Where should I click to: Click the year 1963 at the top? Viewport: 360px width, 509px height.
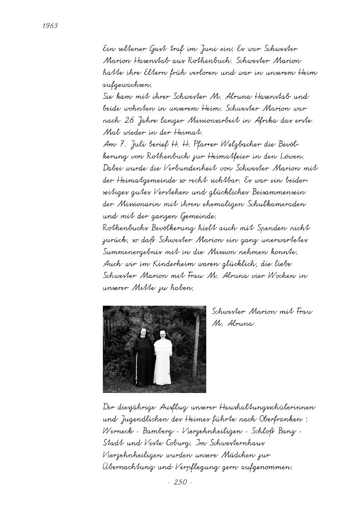tap(50, 25)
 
